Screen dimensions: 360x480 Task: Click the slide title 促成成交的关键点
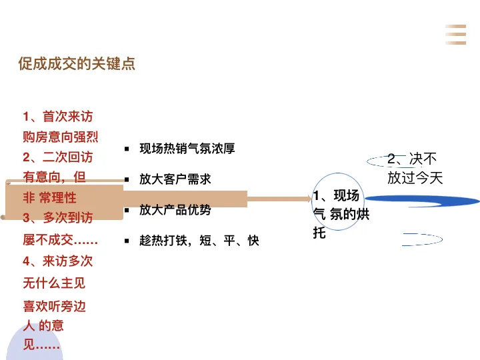[x=77, y=64]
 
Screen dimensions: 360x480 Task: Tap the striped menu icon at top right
[x=456, y=34]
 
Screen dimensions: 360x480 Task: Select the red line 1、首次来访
[x=57, y=117]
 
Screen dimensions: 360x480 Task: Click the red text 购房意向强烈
[x=61, y=137]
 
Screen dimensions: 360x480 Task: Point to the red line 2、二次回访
[x=57, y=157]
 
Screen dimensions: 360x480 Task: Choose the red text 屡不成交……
[x=61, y=239]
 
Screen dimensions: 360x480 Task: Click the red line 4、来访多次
[x=57, y=261]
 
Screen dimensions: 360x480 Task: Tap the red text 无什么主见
[x=54, y=283]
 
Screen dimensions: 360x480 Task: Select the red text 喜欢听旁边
[x=54, y=307]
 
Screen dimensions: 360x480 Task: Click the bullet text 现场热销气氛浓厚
[x=187, y=149]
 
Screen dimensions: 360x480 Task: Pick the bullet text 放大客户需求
[x=175, y=179]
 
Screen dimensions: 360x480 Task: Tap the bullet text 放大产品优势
[x=175, y=210]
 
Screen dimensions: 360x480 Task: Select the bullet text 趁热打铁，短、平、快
[x=199, y=241]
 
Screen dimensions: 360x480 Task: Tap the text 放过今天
[x=415, y=178]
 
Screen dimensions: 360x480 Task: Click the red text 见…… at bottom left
[x=41, y=345]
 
